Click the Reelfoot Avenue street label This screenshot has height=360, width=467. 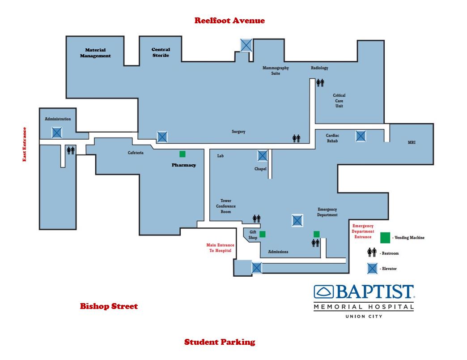click(x=229, y=21)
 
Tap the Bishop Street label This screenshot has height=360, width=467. click(x=109, y=306)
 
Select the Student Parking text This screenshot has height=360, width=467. click(x=219, y=342)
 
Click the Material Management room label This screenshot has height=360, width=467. click(x=95, y=53)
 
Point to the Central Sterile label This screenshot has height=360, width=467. click(x=161, y=52)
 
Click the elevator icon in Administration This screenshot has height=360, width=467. click(x=56, y=133)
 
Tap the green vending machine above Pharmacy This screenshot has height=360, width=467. click(x=183, y=154)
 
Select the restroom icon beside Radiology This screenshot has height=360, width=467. click(x=320, y=83)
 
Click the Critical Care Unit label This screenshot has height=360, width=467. click(x=339, y=100)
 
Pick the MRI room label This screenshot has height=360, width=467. click(x=412, y=142)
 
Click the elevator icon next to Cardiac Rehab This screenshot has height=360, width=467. click(x=361, y=136)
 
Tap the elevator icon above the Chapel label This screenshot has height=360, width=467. click(x=263, y=155)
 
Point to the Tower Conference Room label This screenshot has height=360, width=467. click(x=226, y=206)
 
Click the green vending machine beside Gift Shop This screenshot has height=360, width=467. click(x=263, y=234)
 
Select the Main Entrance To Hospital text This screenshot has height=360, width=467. click(x=220, y=248)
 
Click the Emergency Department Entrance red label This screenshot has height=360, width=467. click(x=363, y=231)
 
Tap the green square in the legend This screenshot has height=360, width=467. click(x=384, y=237)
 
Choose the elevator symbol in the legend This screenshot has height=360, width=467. click(x=372, y=269)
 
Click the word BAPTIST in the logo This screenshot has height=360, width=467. click(x=374, y=292)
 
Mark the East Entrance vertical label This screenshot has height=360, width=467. click(x=25, y=145)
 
